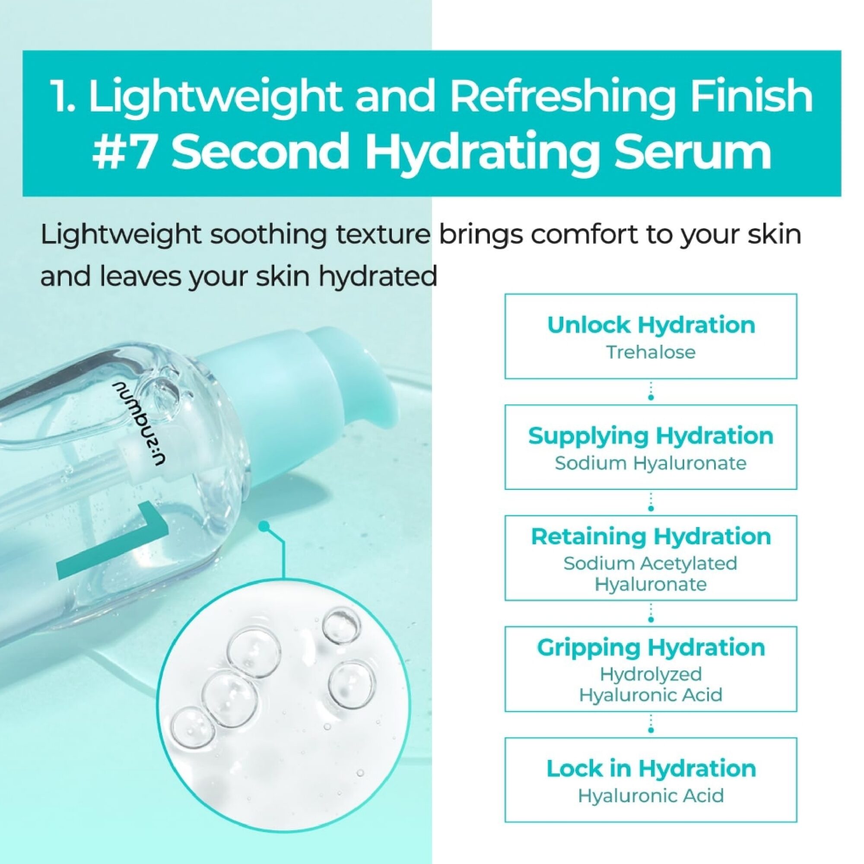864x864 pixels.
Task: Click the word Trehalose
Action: (x=651, y=353)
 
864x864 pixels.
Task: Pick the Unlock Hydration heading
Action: (x=651, y=325)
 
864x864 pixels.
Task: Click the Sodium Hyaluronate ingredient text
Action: (x=651, y=463)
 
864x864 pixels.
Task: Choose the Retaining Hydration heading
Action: (x=651, y=536)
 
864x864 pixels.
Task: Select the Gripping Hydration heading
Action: (x=651, y=647)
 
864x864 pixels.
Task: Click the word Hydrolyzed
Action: (x=651, y=674)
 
